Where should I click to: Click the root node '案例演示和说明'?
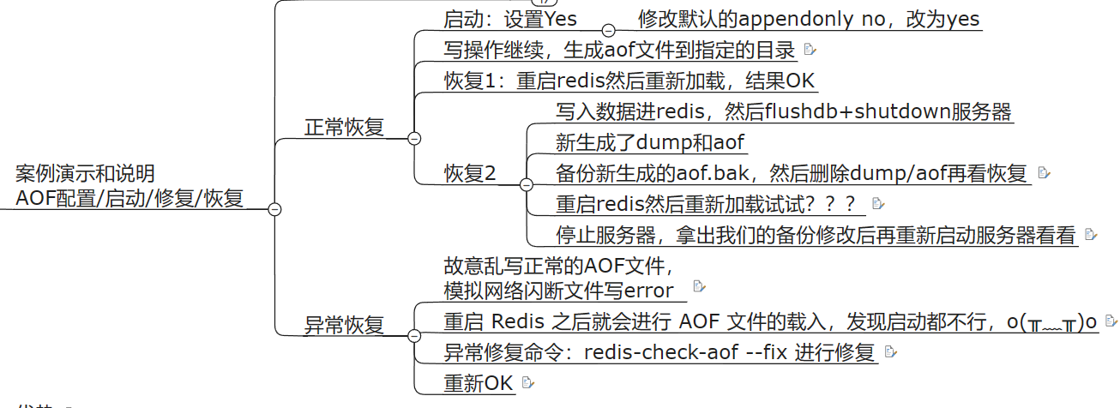(85, 175)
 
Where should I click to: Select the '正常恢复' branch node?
(344, 128)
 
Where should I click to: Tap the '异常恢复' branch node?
(344, 325)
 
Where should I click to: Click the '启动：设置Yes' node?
(510, 19)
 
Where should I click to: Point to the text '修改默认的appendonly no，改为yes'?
(809, 19)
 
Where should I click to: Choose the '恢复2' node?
(470, 173)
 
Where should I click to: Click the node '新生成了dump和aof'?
(651, 142)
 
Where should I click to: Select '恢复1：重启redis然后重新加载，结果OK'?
(629, 81)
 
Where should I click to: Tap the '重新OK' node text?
(478, 383)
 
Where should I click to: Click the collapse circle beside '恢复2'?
(526, 184)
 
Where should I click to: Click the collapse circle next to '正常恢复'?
(414, 138)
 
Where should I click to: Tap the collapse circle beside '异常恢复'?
(414, 335)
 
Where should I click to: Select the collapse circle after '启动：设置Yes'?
(609, 29)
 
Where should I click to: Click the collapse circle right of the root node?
(274, 209)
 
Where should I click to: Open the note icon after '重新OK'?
(527, 382)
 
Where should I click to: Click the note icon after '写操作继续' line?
(810, 51)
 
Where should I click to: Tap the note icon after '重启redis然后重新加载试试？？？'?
(876, 204)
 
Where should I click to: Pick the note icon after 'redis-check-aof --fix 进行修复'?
(889, 351)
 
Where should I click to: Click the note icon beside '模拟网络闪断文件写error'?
(699, 285)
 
